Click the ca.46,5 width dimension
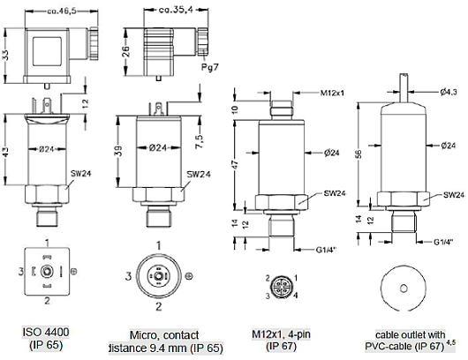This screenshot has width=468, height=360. pyautogui.click(x=62, y=11)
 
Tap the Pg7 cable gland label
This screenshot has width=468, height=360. pyautogui.click(x=209, y=67)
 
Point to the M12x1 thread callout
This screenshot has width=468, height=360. pyautogui.click(x=332, y=93)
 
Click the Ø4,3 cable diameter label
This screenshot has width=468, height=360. pyautogui.click(x=449, y=92)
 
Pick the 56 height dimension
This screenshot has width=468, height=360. pyautogui.click(x=359, y=154)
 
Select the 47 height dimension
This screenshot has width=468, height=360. pyautogui.click(x=235, y=165)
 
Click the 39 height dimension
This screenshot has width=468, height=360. pyautogui.click(x=118, y=151)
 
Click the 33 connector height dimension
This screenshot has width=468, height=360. pyautogui.click(x=5, y=56)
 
